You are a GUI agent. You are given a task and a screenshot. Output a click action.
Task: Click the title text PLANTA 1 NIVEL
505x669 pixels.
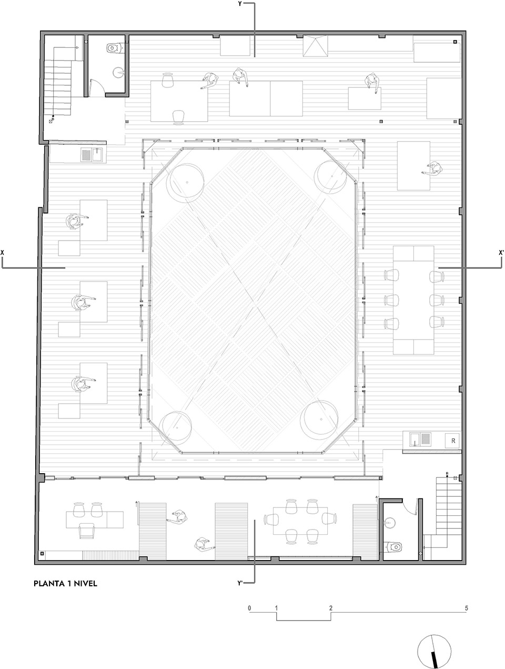[65, 583]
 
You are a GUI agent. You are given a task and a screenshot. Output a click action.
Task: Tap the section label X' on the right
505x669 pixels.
[501, 253]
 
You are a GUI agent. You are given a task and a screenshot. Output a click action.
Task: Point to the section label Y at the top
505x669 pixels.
[240, 4]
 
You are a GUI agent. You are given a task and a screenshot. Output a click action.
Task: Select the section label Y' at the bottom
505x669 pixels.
[240, 583]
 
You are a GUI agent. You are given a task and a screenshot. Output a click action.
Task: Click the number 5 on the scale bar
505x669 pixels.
[466, 608]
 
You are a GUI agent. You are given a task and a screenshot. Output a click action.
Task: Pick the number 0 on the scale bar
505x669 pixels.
[249, 608]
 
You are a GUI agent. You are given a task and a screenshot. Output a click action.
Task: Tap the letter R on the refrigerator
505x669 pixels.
[452, 440]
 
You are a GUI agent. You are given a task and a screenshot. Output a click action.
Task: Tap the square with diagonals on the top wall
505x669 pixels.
[315, 46]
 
